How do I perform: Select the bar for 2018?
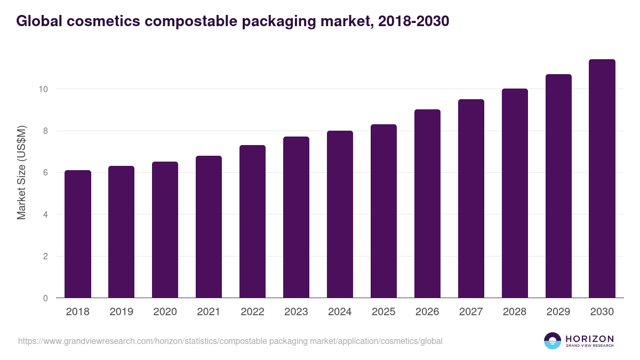pyautogui.click(x=78, y=234)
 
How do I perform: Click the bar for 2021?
pyautogui.click(x=209, y=227)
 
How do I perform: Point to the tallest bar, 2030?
pyautogui.click(x=602, y=179)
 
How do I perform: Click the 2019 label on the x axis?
pyautogui.click(x=122, y=312)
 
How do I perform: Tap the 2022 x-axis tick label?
pyautogui.click(x=252, y=312)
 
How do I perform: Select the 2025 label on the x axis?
pyautogui.click(x=383, y=312)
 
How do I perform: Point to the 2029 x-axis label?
pyautogui.click(x=558, y=312)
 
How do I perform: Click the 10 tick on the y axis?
pyautogui.click(x=43, y=89)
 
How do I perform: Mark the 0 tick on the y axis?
pyautogui.click(x=45, y=298)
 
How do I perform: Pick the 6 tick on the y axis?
pyautogui.click(x=45, y=173)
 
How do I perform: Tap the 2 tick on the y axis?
pyautogui.click(x=45, y=257)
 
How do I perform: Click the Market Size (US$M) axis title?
pyautogui.click(x=22, y=173)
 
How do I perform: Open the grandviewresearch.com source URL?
pyautogui.click(x=230, y=341)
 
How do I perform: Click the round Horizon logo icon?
pyautogui.click(x=553, y=341)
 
